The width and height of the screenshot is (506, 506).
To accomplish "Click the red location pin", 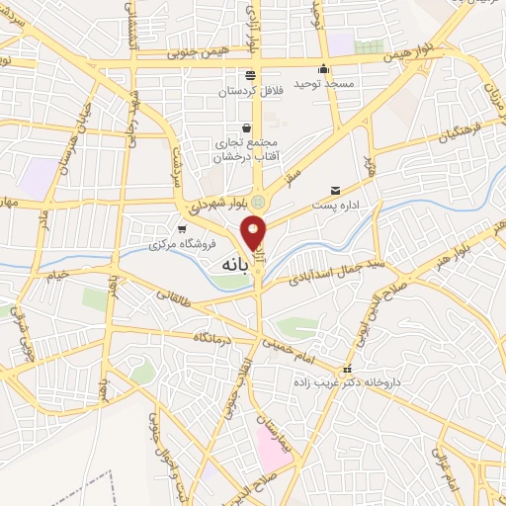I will (255, 233).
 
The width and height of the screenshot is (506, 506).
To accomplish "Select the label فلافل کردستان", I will (252, 92).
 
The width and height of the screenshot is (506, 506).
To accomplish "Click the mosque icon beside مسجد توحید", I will (323, 69).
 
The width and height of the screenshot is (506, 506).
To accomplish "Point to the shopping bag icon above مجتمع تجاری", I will (247, 127).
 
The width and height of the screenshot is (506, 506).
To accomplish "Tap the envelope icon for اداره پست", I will (335, 190).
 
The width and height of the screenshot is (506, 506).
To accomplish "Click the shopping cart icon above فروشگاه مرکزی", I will (179, 228).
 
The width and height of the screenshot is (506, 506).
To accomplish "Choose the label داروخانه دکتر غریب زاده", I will (341, 380).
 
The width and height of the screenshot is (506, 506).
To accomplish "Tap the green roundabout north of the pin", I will (258, 203).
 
